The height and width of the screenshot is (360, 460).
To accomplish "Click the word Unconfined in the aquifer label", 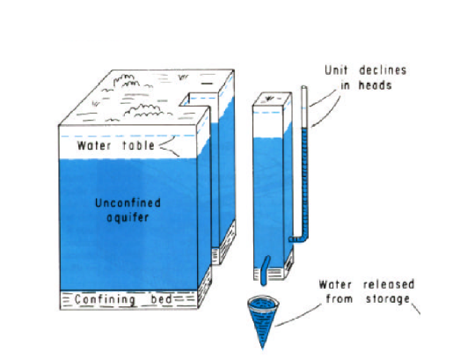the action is pos(128,203).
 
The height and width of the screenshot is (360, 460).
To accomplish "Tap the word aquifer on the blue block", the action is pos(128,217).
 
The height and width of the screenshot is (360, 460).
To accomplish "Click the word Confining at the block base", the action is pos(105,299).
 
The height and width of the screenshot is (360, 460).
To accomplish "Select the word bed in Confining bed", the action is pos(161,299).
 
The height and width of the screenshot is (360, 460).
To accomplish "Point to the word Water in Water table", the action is pos(94,145).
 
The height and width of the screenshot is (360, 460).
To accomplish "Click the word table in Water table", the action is pos(138,145).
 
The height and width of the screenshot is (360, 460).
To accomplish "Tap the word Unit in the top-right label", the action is pos(336,70).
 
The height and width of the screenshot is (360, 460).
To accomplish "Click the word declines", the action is pos(383,70).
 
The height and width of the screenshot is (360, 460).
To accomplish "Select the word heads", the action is pos(376,85).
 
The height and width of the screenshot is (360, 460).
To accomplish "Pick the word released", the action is pos(389,284).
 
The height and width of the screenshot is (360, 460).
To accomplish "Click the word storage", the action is pos(388,299).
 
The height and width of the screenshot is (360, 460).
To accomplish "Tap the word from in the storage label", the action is pos(340,299).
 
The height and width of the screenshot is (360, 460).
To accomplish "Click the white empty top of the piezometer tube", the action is pos(304,107).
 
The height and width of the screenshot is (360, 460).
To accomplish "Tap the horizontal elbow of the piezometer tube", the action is pos(297,239).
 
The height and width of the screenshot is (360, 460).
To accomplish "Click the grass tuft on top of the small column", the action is pos(269,98).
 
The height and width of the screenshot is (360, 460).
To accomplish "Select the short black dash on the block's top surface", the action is pos(207,84).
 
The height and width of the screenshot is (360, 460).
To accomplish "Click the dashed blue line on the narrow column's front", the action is pos(268,113).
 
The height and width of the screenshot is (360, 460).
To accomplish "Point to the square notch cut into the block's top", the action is pos(200,99).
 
